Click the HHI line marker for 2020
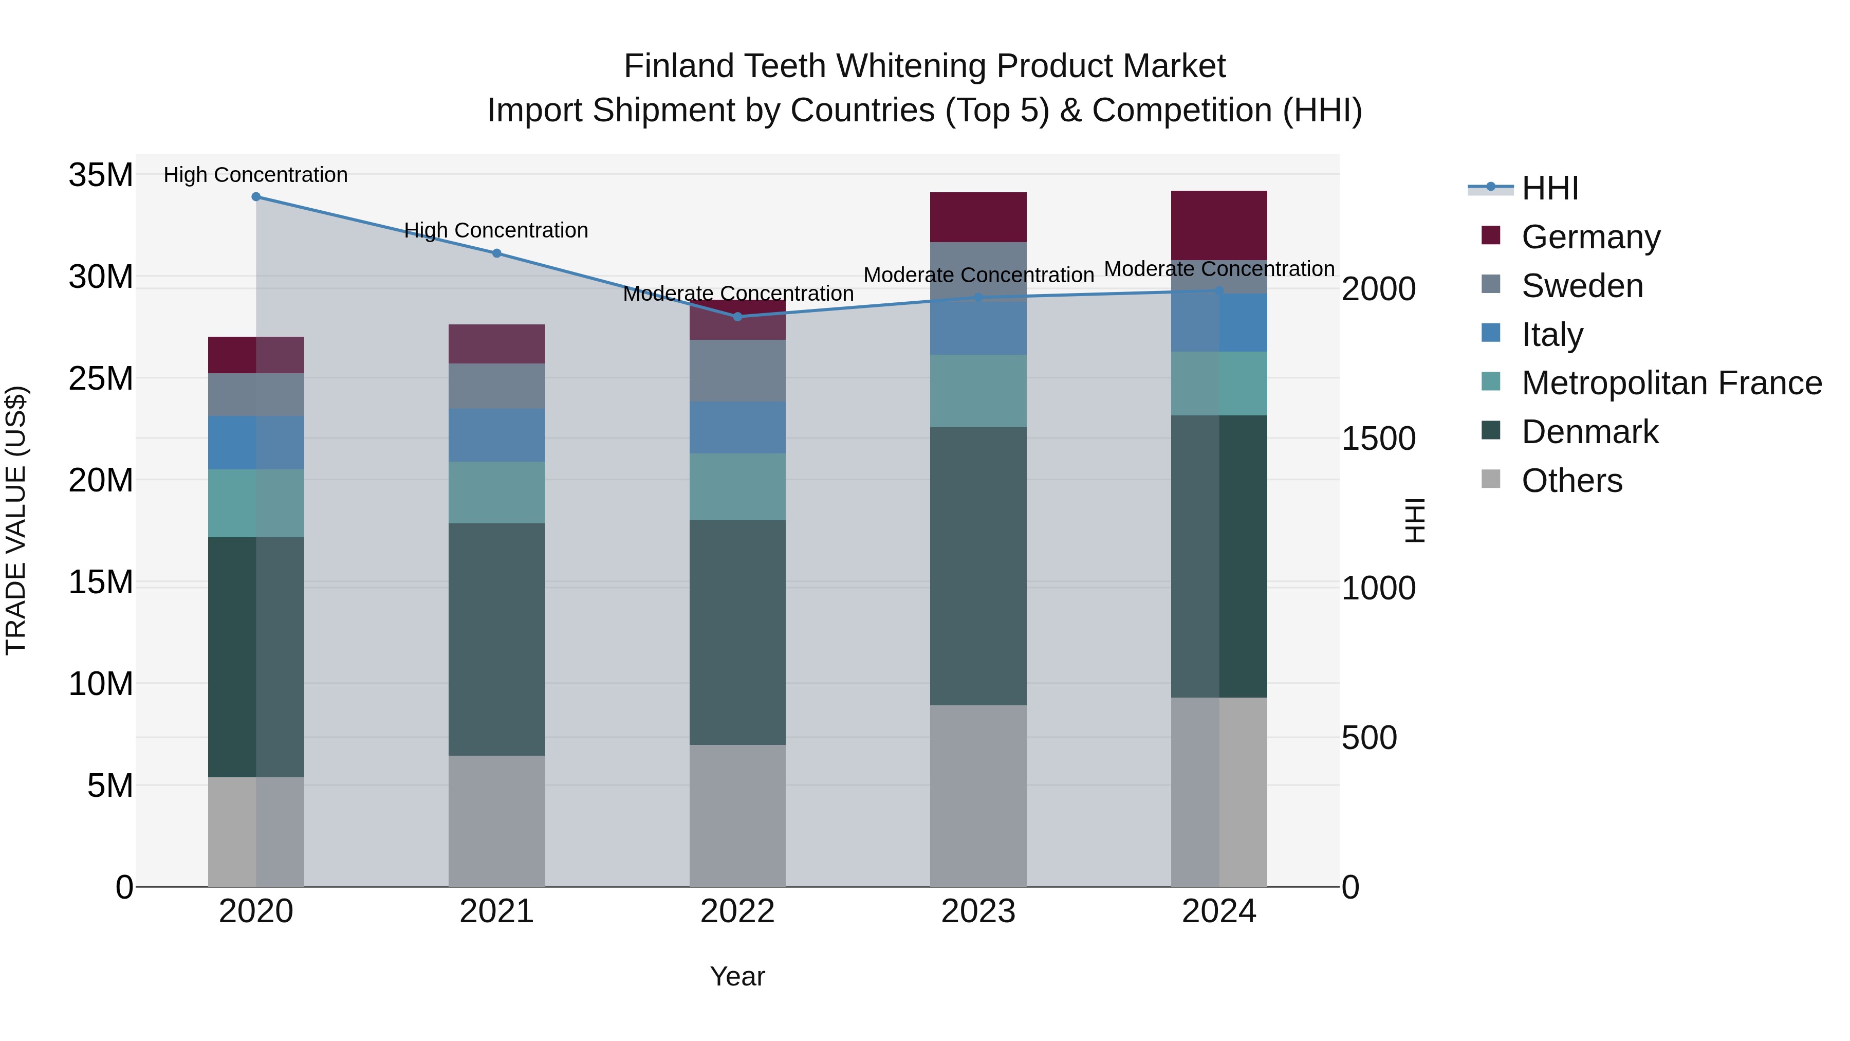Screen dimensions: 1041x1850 pyautogui.click(x=256, y=197)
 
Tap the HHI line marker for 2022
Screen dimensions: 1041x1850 pyautogui.click(x=737, y=317)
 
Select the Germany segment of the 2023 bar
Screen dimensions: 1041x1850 pyautogui.click(x=978, y=217)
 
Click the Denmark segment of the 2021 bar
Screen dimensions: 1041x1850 pyautogui.click(x=496, y=640)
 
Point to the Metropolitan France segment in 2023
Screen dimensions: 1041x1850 pyautogui.click(x=978, y=391)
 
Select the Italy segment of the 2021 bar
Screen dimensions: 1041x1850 pyautogui.click(x=496, y=435)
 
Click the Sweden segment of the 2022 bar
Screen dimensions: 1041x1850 pyautogui.click(x=737, y=371)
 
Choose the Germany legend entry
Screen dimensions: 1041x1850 pyautogui.click(x=1590, y=237)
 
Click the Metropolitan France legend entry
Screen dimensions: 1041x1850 pyautogui.click(x=1671, y=383)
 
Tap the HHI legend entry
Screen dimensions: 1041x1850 pyautogui.click(x=1550, y=188)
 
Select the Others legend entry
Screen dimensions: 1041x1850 pyautogui.click(x=1571, y=481)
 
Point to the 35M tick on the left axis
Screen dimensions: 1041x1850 pyautogui.click(x=101, y=175)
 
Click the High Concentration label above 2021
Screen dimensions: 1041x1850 pyautogui.click(x=496, y=231)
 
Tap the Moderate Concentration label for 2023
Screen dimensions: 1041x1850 pyautogui.click(x=978, y=275)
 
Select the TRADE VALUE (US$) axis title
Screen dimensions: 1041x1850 pyautogui.click(x=16, y=520)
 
